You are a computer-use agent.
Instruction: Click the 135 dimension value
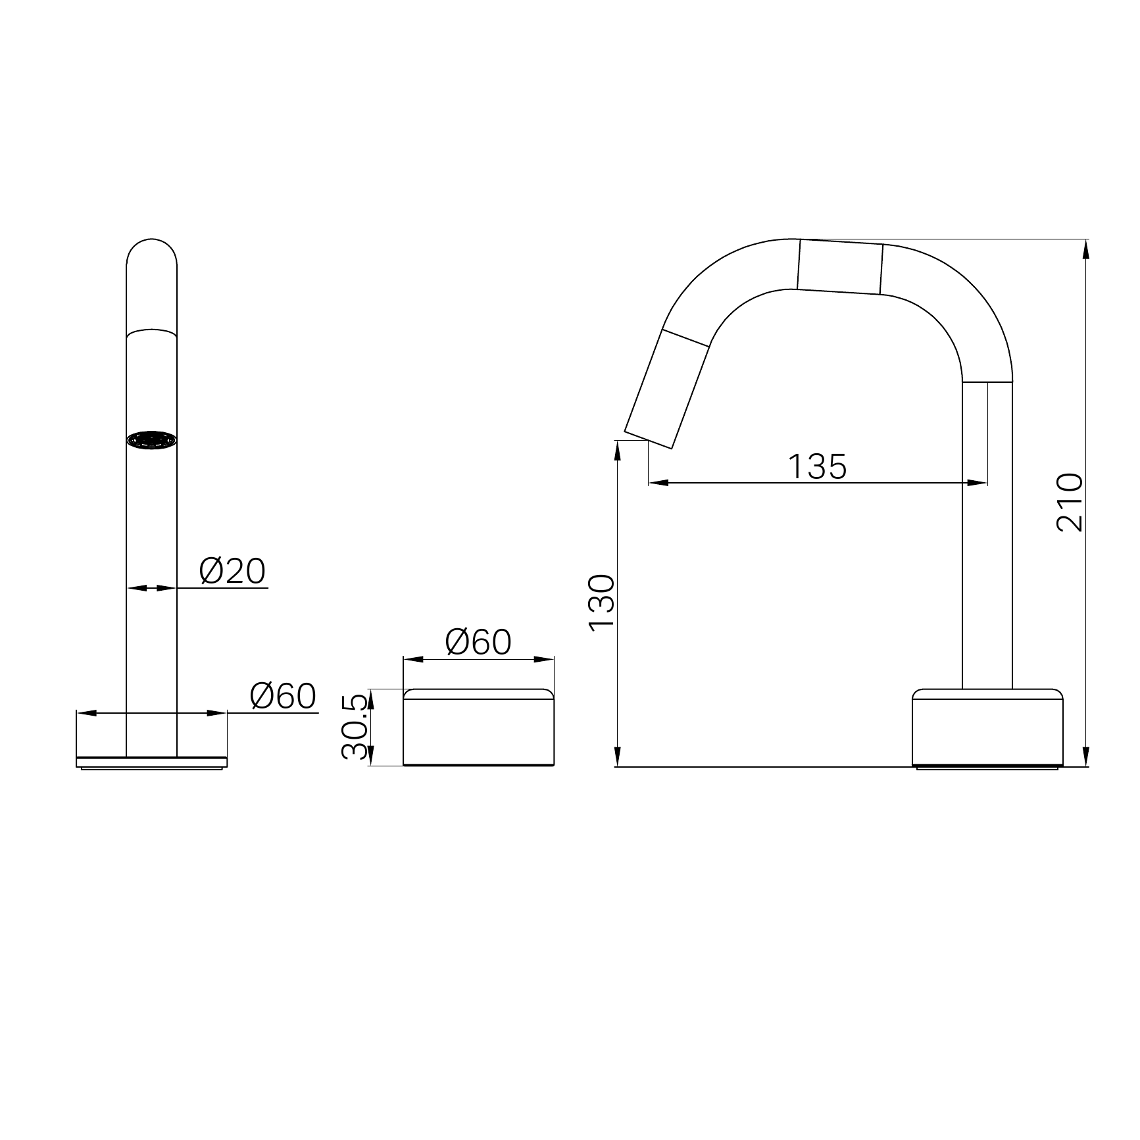(817, 466)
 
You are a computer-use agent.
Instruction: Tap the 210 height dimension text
(1069, 502)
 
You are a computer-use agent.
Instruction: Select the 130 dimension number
(601, 603)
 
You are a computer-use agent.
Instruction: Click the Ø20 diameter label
(233, 571)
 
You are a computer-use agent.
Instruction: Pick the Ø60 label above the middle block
(478, 642)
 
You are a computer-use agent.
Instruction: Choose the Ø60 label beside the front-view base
(283, 695)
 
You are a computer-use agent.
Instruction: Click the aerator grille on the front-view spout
(152, 440)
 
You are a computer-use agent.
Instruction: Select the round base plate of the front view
(152, 763)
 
